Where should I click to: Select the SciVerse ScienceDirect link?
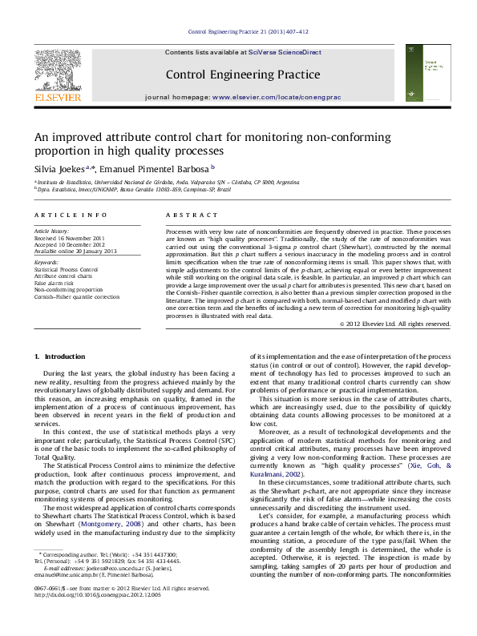click(284, 52)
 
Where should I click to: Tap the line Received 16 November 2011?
click(69, 239)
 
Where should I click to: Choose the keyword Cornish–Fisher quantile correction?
click(77, 296)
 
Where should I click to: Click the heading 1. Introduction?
click(56, 356)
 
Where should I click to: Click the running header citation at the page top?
click(248, 32)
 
